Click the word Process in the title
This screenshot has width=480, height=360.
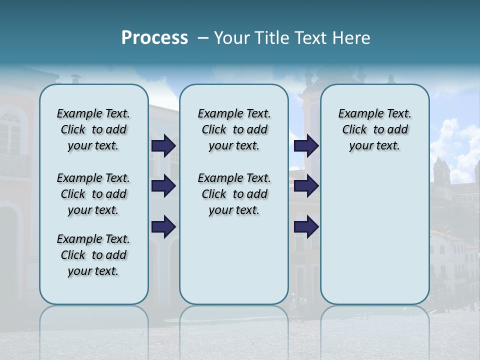tap(154, 38)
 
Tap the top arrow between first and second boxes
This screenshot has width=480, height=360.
tap(163, 145)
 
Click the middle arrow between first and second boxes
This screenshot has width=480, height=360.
tap(163, 186)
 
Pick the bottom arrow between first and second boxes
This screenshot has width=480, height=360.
tap(163, 227)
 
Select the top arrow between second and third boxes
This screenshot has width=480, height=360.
tap(306, 145)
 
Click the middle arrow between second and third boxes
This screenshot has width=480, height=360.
tap(306, 186)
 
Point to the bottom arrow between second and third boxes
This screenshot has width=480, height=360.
tap(306, 227)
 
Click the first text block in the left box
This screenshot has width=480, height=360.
tap(93, 129)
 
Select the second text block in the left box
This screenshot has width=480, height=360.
tap(93, 194)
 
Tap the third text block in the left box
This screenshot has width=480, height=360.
tap(93, 255)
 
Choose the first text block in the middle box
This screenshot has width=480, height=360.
tap(234, 129)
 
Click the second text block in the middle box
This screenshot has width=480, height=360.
tap(234, 194)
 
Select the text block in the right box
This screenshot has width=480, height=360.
tap(374, 129)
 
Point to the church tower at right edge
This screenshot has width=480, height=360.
tap(441, 172)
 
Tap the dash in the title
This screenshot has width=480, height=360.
tap(203, 38)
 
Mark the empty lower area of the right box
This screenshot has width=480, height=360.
tap(374, 235)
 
